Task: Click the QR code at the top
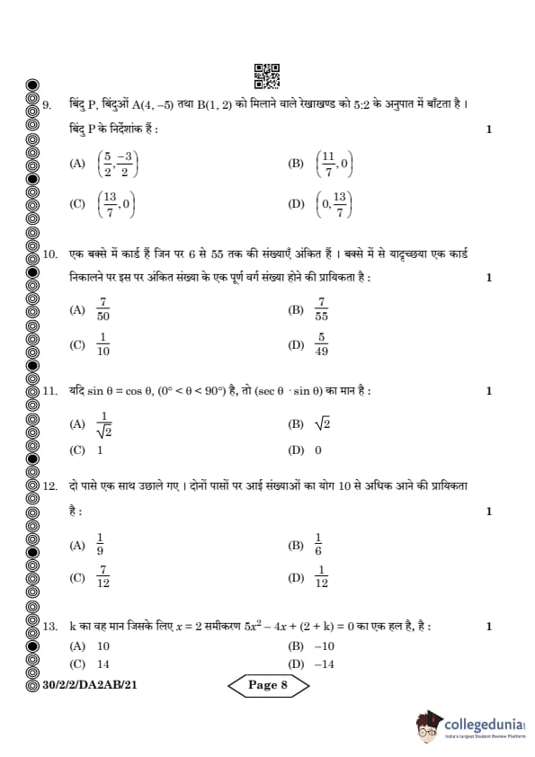pyautogui.click(x=267, y=76)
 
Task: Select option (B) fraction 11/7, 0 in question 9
pyautogui.click(x=334, y=164)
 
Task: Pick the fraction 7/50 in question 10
pyautogui.click(x=103, y=310)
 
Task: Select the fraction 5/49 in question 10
pyautogui.click(x=321, y=344)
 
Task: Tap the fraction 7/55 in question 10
pyautogui.click(x=322, y=310)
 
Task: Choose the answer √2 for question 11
pyautogui.click(x=322, y=423)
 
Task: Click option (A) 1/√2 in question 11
pyautogui.click(x=103, y=424)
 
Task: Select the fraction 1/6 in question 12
pyautogui.click(x=318, y=545)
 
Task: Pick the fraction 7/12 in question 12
pyautogui.click(x=103, y=577)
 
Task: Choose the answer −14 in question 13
pyautogui.click(x=325, y=663)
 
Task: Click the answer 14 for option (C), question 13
pyautogui.click(x=103, y=663)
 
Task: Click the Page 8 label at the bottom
pyautogui.click(x=266, y=685)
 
